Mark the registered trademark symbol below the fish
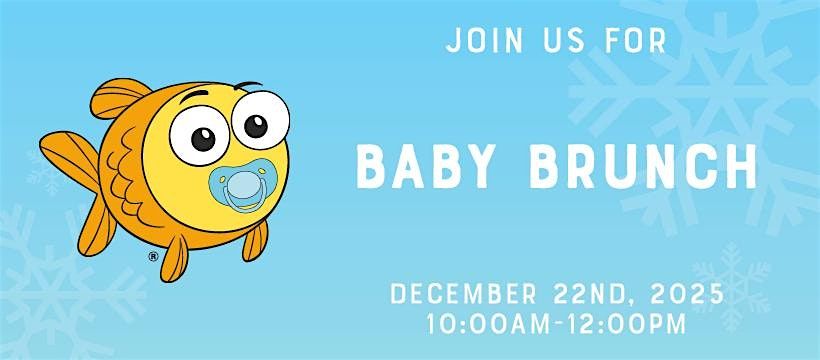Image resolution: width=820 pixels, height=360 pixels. [x=153, y=257]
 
